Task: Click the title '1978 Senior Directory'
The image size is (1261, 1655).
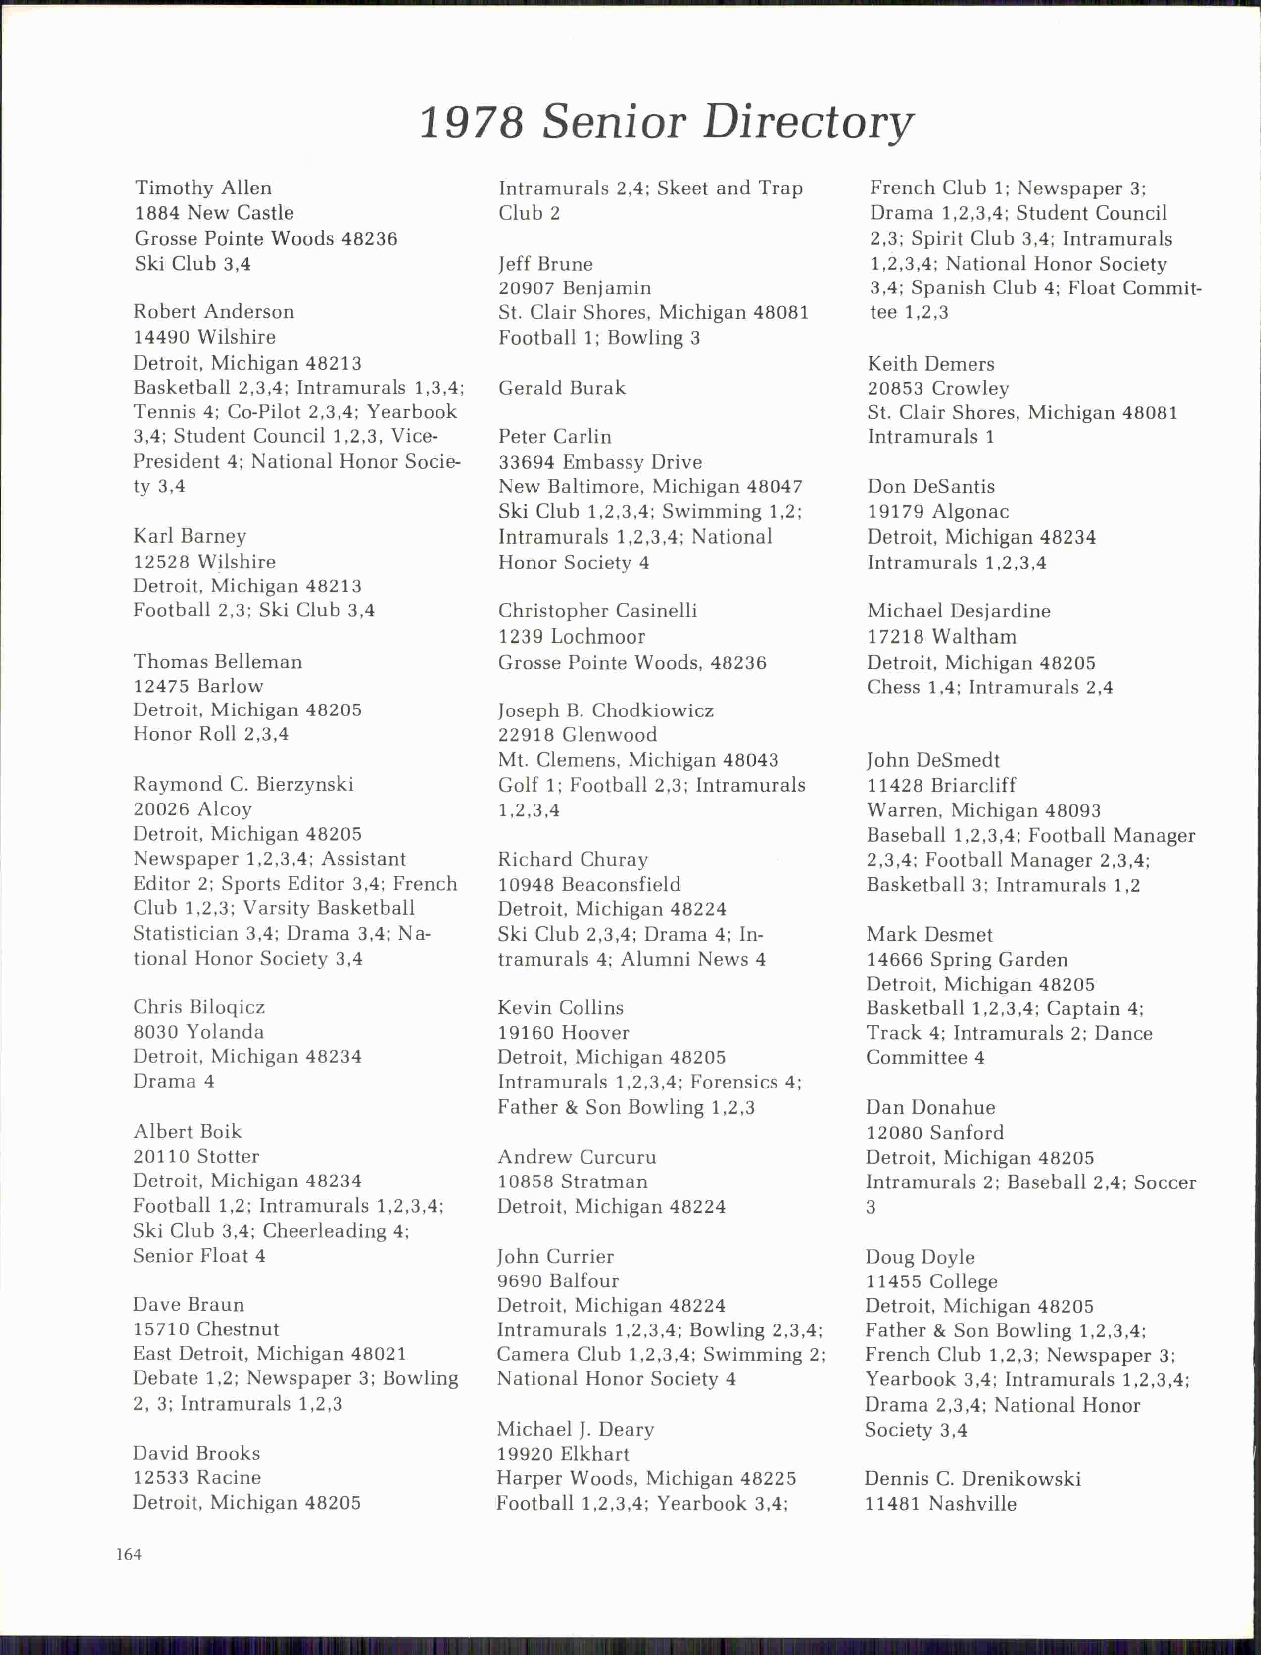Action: [x=666, y=122]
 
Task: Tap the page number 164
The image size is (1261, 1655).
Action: [x=129, y=1554]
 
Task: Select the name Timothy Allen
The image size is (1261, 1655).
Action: [x=203, y=188]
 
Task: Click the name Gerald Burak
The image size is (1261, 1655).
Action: [x=561, y=388]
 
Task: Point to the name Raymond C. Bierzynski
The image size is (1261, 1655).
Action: [x=243, y=784]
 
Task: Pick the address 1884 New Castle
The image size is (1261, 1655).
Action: [x=214, y=213]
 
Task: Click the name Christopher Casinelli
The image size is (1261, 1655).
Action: [x=597, y=611]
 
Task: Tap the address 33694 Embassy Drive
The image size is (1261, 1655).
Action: [x=600, y=462]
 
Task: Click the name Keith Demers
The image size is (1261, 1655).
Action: [x=931, y=364]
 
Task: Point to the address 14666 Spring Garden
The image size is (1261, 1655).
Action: [x=967, y=959]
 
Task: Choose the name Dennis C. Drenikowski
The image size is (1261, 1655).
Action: [x=973, y=1479]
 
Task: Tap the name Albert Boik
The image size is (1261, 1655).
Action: [x=188, y=1132]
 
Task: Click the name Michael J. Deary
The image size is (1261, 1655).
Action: [x=575, y=1429]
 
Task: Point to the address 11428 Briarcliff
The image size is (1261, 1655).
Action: [x=941, y=785]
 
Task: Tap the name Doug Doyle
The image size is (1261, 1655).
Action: [x=920, y=1257]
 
